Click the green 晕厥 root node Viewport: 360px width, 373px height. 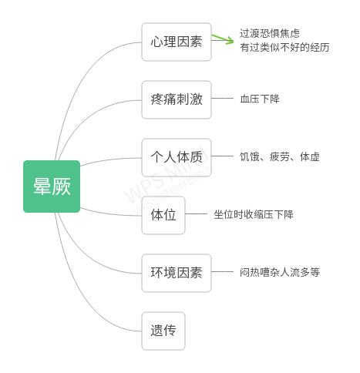[x=52, y=186]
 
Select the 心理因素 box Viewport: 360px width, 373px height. [x=176, y=42]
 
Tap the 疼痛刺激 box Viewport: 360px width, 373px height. [x=176, y=99]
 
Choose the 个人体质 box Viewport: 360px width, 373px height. [x=176, y=157]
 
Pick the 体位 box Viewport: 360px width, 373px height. [x=163, y=215]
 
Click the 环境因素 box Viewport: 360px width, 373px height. [x=176, y=273]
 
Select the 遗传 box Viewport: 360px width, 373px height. [x=163, y=331]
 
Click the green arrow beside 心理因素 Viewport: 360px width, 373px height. [x=223, y=39]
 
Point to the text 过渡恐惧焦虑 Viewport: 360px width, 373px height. [x=270, y=33]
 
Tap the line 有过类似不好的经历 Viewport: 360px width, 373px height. [x=284, y=48]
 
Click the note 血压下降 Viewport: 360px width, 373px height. [x=260, y=99]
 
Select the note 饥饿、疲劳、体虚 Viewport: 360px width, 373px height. [x=279, y=157]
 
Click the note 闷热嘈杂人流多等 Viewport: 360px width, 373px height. [x=279, y=273]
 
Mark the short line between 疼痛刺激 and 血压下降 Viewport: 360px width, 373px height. [x=222, y=99]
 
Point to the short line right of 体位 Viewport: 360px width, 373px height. [x=197, y=214]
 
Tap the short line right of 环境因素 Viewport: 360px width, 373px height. [x=222, y=272]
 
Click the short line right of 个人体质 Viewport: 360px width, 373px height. [x=222, y=156]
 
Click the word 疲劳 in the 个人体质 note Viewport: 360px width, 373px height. [x=280, y=157]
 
